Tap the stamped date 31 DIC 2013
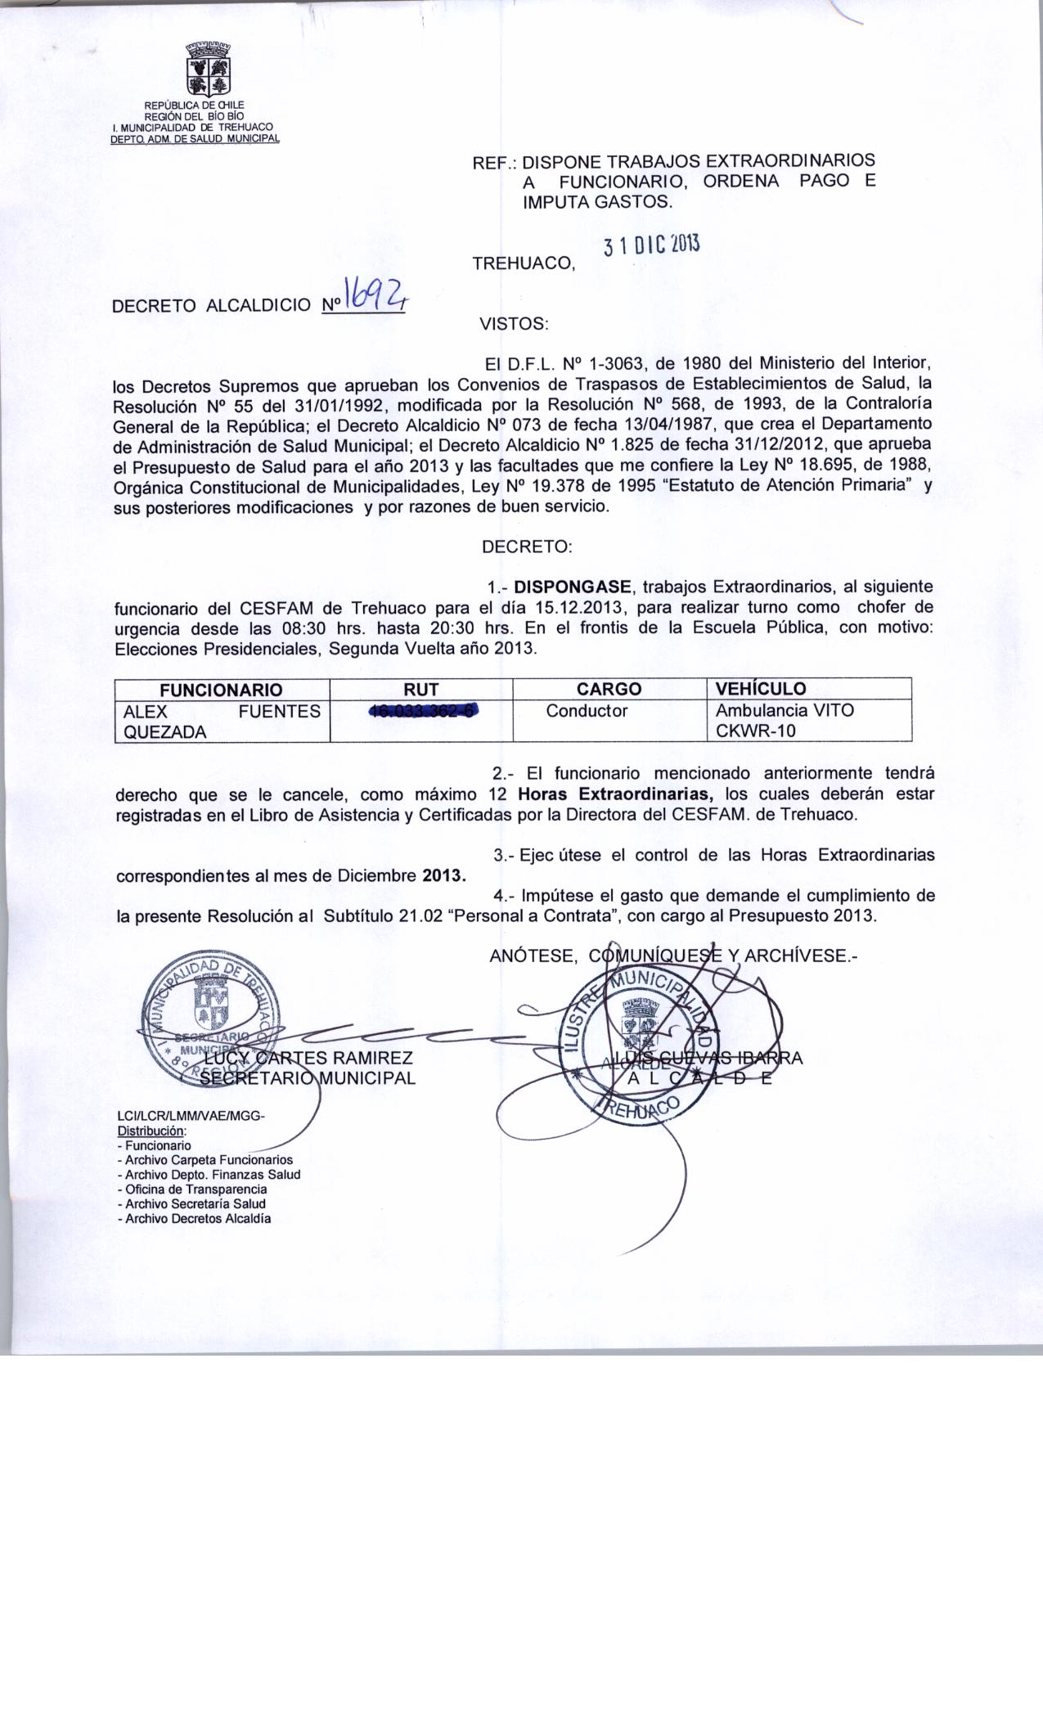tap(651, 245)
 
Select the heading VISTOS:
tap(514, 324)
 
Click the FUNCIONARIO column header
tap(221, 689)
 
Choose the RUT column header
tap(420, 689)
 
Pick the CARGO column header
tap(609, 689)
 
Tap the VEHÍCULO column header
tap(761, 689)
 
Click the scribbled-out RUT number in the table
tap(422, 711)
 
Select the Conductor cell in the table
tap(587, 711)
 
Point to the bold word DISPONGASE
tap(573, 587)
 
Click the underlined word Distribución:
tap(152, 1131)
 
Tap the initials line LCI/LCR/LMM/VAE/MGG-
tap(192, 1117)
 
